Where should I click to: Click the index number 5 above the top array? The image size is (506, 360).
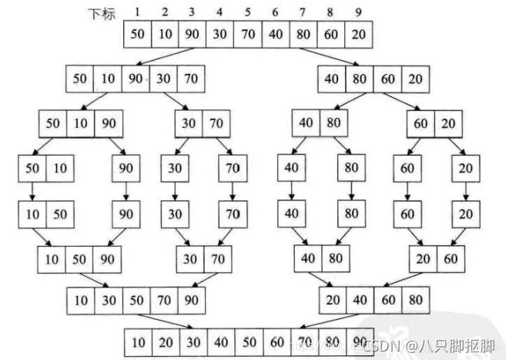[248, 12]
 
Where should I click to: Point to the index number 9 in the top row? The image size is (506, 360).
[357, 12]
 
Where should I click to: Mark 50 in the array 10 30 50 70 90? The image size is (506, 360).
[136, 298]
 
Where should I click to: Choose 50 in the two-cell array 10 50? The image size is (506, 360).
[59, 213]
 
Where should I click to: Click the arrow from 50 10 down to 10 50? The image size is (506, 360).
[33, 190]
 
